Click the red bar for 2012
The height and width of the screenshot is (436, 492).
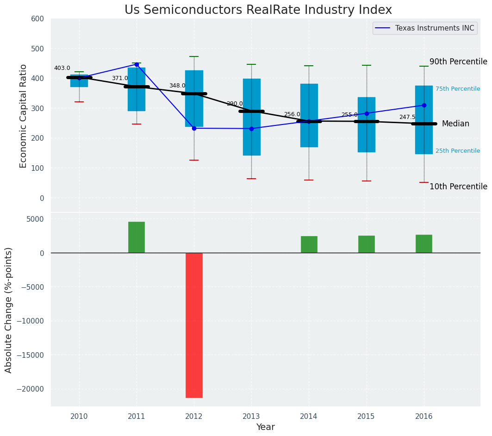pos(194,325)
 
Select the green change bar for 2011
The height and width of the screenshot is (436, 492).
pos(137,237)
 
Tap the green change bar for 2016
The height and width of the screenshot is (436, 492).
pos(424,243)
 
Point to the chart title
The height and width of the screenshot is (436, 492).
pos(258,10)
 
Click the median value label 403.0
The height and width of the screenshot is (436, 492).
pos(62,68)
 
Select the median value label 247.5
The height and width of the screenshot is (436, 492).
pos(407,117)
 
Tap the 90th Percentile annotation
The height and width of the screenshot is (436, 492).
pos(458,62)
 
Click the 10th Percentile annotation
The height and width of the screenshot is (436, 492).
pos(458,187)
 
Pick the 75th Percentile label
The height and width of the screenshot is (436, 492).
pos(458,89)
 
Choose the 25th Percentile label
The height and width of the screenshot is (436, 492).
pos(458,151)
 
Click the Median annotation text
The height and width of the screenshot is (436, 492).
pos(455,124)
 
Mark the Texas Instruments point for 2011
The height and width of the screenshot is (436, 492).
pos(137,65)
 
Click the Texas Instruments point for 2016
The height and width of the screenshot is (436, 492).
pos(424,106)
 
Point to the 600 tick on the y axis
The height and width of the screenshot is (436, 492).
pos(37,19)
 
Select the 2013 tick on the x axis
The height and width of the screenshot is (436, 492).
pos(251,416)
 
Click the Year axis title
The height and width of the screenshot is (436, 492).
pos(266,427)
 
